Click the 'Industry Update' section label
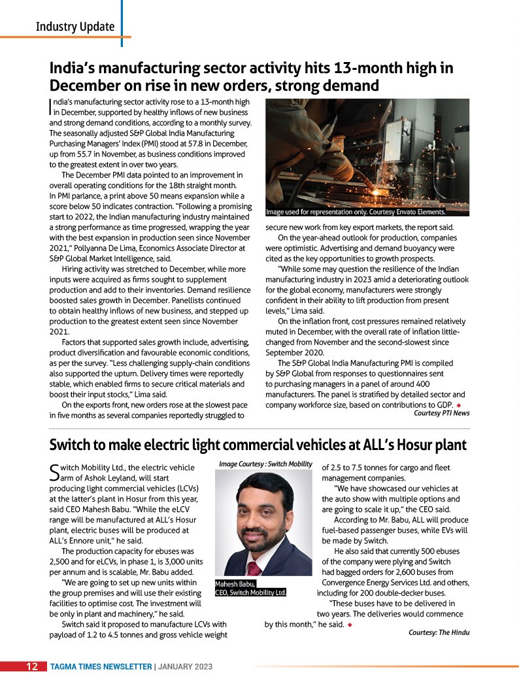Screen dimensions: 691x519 (x=75, y=27)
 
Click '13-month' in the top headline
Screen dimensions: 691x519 (x=337, y=69)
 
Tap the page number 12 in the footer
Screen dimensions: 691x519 (x=31, y=667)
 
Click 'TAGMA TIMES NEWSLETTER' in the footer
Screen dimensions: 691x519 (x=101, y=667)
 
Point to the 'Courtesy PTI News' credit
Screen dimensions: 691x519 (x=441, y=413)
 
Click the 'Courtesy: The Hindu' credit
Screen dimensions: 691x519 (x=439, y=632)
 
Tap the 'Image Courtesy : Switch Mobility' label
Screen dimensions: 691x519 (x=266, y=464)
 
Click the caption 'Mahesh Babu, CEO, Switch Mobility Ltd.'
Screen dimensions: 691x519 (x=251, y=588)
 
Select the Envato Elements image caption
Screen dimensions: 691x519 (x=356, y=212)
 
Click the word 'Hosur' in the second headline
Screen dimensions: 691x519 (x=417, y=445)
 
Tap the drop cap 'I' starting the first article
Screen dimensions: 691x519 (x=51, y=106)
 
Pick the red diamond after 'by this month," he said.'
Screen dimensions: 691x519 (x=351, y=625)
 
